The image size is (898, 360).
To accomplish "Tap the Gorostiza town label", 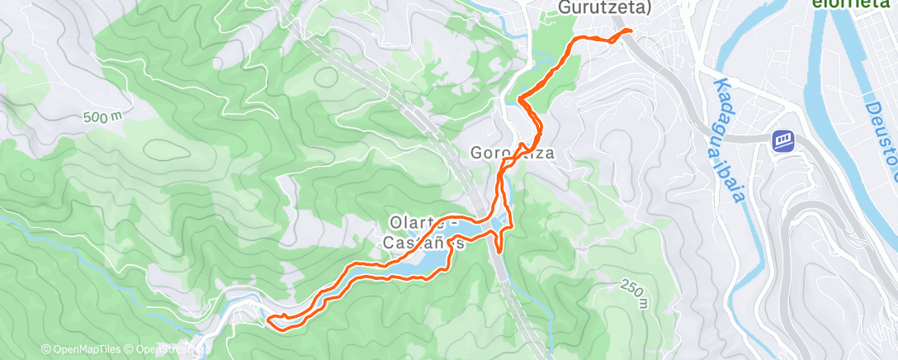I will pos(510,153).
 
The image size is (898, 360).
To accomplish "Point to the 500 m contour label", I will pos(102,117).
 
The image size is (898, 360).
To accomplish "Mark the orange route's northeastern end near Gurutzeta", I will pos(630,31).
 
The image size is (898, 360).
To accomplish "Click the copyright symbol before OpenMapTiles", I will pos(46,350).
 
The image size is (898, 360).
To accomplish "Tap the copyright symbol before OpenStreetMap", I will pos(129,350).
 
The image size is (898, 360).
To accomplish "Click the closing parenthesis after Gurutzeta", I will pos(649,7).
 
